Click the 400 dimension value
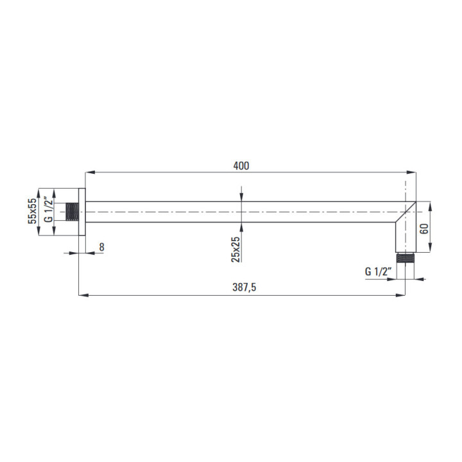click(241, 166)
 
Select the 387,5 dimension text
click(244, 287)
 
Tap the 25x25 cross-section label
click(235, 249)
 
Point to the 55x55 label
click(32, 211)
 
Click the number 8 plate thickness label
click(101, 247)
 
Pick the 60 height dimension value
click(424, 229)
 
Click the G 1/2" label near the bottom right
click(379, 271)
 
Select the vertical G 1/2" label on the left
click(48, 210)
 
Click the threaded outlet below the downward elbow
click(405, 257)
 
